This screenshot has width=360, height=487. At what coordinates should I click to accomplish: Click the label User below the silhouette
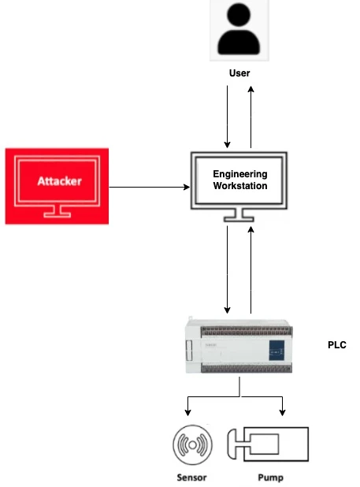tap(239, 73)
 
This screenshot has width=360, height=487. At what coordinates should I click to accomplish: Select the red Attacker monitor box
tap(55, 185)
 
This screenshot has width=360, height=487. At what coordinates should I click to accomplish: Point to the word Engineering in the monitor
tap(240, 174)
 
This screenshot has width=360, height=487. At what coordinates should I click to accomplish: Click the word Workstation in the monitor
tap(240, 187)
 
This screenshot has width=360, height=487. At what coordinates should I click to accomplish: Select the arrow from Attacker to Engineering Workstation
tap(149, 187)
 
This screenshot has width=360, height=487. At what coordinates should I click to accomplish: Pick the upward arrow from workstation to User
tap(251, 116)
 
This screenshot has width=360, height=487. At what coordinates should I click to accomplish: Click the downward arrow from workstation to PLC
tap(228, 269)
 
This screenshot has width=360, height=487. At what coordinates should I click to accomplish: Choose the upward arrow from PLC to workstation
tap(251, 269)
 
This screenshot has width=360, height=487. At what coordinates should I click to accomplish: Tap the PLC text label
tap(336, 345)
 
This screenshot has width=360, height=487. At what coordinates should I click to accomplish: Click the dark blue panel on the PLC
tap(277, 348)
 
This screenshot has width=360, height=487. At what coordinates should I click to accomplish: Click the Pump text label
tap(270, 478)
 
